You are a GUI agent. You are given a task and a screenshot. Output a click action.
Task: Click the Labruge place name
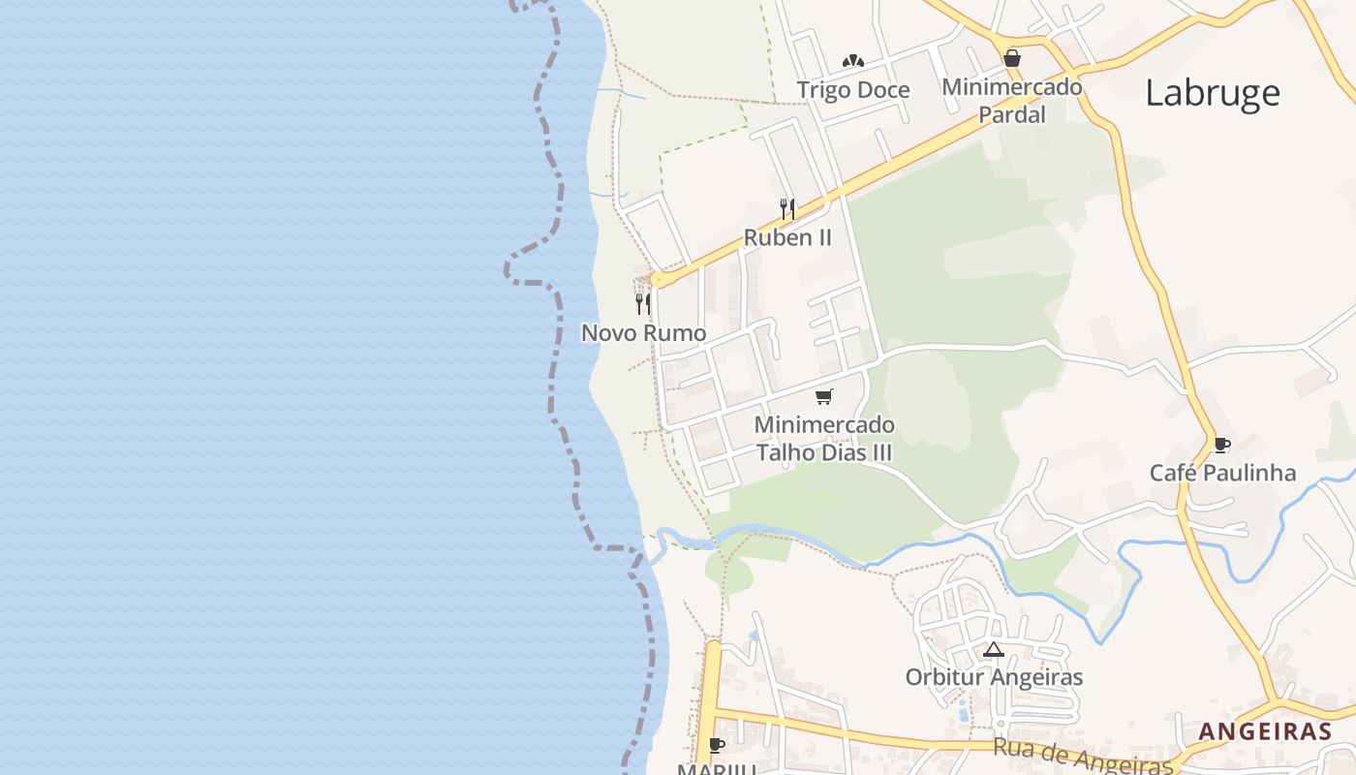coord(1213,93)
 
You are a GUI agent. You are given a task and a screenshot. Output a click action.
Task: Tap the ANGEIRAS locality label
coord(1265,731)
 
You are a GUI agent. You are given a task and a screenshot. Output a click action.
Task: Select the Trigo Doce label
coord(853,90)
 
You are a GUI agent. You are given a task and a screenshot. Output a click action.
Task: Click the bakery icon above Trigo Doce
coord(852,61)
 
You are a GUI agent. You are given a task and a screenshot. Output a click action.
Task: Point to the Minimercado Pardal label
coord(1012,101)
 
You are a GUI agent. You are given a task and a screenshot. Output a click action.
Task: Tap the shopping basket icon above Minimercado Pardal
coord(1012,58)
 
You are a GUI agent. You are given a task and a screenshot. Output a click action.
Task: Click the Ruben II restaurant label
coord(787,237)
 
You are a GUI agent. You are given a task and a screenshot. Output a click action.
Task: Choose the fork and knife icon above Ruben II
coord(787,207)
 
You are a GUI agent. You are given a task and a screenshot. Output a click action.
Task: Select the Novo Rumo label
coord(643,333)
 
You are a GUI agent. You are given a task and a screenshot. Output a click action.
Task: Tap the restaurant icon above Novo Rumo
coord(642,304)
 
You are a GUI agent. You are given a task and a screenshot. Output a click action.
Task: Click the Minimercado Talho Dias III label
coord(824,439)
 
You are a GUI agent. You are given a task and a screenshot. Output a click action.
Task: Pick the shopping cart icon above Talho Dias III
coord(824,396)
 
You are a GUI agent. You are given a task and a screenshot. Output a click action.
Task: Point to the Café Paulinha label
coord(1222,473)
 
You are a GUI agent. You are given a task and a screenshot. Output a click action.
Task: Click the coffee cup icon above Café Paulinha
coord(1222,445)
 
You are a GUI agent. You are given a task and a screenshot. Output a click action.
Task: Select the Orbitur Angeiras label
coord(994,677)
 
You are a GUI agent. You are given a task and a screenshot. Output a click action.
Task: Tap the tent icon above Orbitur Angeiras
coord(993,649)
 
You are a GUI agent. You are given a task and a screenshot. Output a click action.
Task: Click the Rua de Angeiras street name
coord(1083,756)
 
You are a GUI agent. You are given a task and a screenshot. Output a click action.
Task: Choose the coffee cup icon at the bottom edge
coord(717,745)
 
